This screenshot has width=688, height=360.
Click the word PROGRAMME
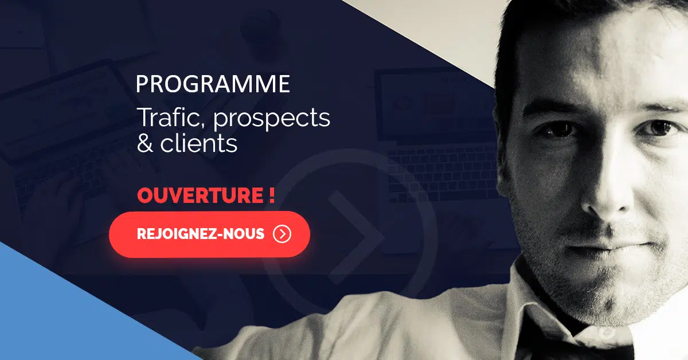point(213,84)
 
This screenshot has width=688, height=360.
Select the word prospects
point(272,119)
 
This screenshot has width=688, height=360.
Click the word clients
point(199,143)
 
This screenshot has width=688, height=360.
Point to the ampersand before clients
point(144,143)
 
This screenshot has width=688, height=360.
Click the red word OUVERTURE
point(200,195)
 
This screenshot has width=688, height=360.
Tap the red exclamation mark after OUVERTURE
point(272,195)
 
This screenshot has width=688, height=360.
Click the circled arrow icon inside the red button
point(282,234)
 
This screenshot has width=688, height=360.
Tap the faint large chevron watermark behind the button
point(356,237)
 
